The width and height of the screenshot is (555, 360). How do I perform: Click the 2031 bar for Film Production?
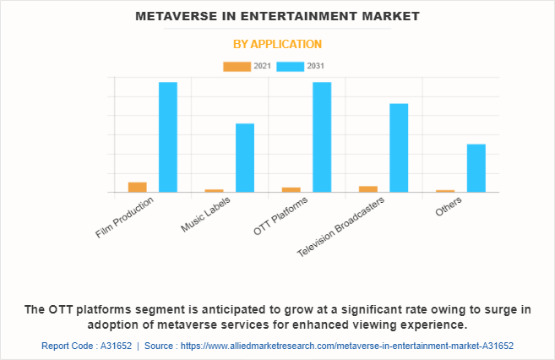click(168, 137)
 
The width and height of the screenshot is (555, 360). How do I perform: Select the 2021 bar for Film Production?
click(138, 187)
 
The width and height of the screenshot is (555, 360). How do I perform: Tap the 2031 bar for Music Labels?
click(245, 158)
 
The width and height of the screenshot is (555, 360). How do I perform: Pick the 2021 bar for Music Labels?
click(215, 190)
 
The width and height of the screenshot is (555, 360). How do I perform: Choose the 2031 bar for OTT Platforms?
click(322, 137)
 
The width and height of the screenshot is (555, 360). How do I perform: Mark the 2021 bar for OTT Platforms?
click(291, 189)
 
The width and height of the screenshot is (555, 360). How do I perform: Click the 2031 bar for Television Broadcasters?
click(399, 148)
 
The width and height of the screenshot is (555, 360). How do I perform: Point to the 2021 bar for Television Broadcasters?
click(368, 188)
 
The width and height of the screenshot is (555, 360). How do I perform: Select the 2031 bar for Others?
click(476, 168)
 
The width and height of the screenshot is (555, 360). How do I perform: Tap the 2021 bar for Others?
click(445, 191)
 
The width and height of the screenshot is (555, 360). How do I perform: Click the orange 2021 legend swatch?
click(237, 66)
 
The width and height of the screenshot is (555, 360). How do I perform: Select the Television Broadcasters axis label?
click(343, 226)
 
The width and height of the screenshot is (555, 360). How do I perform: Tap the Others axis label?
click(449, 207)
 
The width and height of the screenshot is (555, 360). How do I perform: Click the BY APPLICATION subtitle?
click(277, 44)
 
